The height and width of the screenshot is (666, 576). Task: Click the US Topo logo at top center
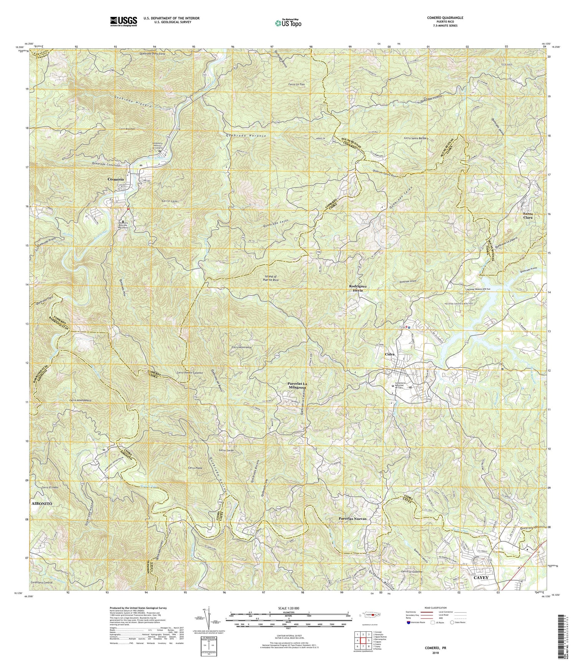point(288,23)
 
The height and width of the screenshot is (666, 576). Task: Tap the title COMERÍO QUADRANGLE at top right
point(450,18)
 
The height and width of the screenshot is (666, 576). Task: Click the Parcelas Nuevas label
point(353,519)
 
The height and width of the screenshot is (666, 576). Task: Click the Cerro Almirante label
point(242,347)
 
